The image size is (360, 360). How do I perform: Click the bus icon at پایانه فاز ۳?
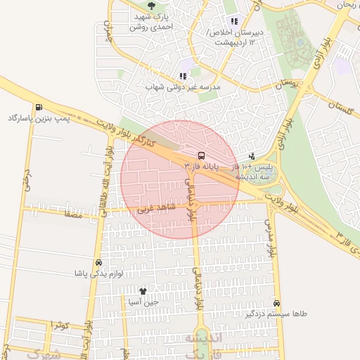click(x=202, y=155)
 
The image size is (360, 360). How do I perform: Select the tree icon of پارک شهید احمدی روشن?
click(x=153, y=6)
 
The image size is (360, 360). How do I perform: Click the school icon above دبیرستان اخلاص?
click(x=233, y=22)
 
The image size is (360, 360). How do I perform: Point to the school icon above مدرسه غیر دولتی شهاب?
click(x=183, y=76)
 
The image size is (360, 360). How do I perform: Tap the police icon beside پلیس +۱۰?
click(x=252, y=156)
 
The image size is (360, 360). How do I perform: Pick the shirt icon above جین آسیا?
click(x=143, y=291)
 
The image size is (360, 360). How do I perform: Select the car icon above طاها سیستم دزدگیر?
click(x=278, y=303)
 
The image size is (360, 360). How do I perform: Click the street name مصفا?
click(x=72, y=215)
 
